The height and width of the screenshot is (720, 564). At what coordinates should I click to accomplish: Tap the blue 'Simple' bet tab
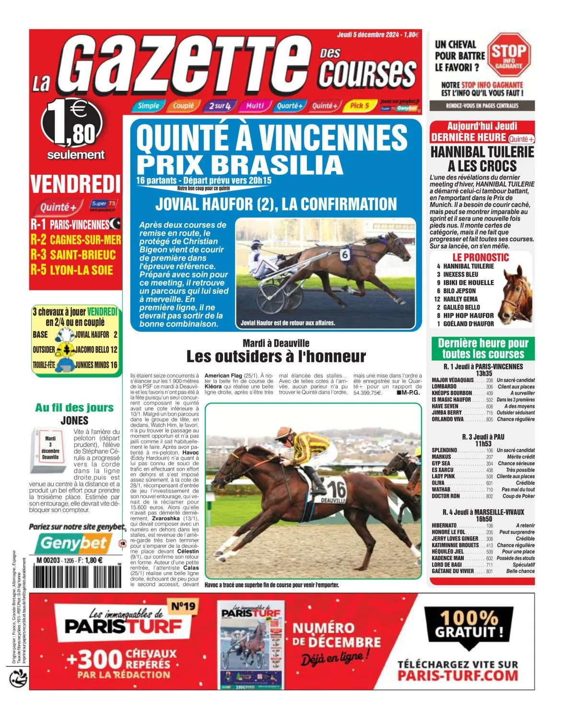pos(148,106)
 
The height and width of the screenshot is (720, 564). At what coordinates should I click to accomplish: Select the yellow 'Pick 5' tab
pos(359,106)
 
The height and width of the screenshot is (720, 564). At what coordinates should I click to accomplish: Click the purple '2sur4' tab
pos(220,106)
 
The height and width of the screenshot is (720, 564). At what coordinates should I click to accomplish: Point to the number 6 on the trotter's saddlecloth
pos(345,255)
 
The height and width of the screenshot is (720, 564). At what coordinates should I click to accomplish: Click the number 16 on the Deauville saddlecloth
pos(337,490)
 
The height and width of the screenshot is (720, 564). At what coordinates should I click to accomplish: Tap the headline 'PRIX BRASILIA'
pos(240,165)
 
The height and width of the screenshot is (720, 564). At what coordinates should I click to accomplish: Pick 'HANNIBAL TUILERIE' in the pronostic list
pos(468,266)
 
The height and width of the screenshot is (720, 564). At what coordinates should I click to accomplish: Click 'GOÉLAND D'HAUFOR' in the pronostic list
pos(468,324)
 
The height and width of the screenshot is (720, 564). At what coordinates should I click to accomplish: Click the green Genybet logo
pos(73,543)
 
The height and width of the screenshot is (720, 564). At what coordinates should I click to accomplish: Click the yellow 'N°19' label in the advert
pos(184,606)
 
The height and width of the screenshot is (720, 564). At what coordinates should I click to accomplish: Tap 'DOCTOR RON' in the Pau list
pos(446,496)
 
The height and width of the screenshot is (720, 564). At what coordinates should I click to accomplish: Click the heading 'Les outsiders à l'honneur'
pos(276,357)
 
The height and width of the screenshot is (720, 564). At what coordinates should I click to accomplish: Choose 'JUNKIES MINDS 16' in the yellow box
pos(96,365)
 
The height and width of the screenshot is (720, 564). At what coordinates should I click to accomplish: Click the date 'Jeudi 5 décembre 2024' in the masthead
pos(368,35)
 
